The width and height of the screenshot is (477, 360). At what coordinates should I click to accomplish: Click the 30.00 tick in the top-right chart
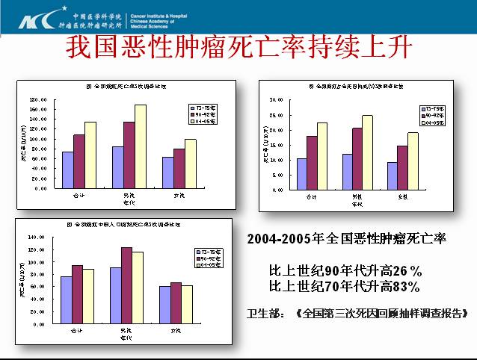pos(276,99)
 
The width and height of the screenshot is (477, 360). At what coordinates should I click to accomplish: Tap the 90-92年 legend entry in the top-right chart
pos(433,114)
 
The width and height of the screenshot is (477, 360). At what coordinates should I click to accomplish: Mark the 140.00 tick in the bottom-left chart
pos(36,237)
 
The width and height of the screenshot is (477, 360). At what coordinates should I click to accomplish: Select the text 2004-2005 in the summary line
pos(277,240)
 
